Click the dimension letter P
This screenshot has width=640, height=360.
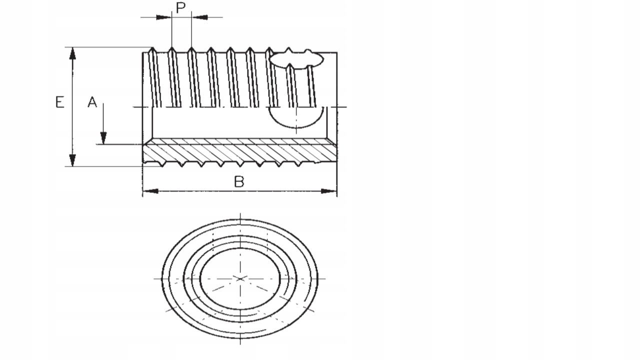[x=181, y=7]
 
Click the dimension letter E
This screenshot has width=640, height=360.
[x=60, y=102]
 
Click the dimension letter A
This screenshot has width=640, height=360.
[x=92, y=102]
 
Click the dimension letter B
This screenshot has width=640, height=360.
[x=239, y=182]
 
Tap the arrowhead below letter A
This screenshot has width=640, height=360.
[x=103, y=138]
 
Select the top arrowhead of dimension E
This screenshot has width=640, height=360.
[x=72, y=53]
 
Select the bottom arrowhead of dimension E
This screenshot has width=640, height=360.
[x=72, y=160]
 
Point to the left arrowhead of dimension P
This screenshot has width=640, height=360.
[x=163, y=17]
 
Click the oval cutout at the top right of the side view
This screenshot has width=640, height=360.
[x=296, y=59]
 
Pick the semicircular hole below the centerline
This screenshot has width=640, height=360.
[x=296, y=117]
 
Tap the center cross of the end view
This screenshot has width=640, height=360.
[x=240, y=278]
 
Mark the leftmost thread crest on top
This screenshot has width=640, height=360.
[x=153, y=49]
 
